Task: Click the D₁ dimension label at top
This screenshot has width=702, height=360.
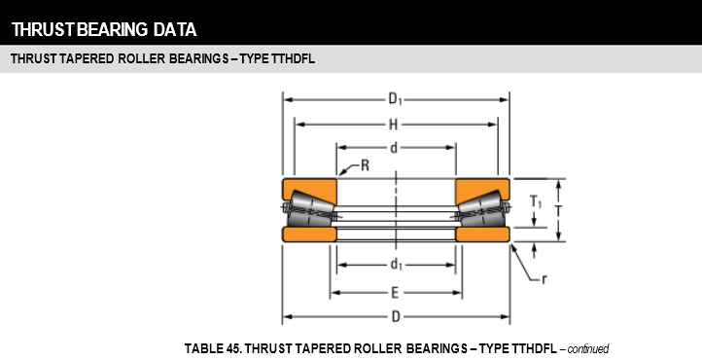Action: pyautogui.click(x=396, y=99)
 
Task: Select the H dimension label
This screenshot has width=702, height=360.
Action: pyautogui.click(x=393, y=125)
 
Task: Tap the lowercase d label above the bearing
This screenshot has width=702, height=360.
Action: pyautogui.click(x=394, y=148)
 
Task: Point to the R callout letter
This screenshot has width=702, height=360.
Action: pyautogui.click(x=365, y=165)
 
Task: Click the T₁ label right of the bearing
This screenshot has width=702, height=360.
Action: pyautogui.click(x=536, y=202)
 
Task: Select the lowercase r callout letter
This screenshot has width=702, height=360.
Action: pyautogui.click(x=544, y=280)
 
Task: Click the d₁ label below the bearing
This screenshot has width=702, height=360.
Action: pyautogui.click(x=397, y=265)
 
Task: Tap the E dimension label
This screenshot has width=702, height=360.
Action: pyautogui.click(x=395, y=293)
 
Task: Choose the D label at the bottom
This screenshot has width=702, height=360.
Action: pyautogui.click(x=396, y=317)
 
